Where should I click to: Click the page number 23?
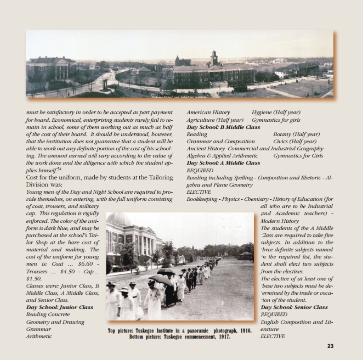point(330,346)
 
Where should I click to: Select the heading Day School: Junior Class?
point(60,307)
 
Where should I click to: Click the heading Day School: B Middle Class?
point(223,127)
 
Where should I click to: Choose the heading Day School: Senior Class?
point(294,307)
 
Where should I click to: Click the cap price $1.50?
point(33,278)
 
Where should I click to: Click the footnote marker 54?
point(59,169)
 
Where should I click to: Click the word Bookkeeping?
point(201,199)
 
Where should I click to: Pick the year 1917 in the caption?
point(223,337)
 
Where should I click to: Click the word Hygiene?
point(262,112)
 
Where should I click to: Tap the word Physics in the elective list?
point(230,199)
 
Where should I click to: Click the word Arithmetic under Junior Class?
point(39,336)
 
